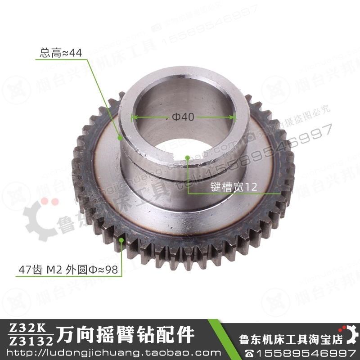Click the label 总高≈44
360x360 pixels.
(x=61, y=53)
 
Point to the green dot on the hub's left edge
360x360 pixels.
(x=120, y=139)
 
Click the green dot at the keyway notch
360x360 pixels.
(x=187, y=157)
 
